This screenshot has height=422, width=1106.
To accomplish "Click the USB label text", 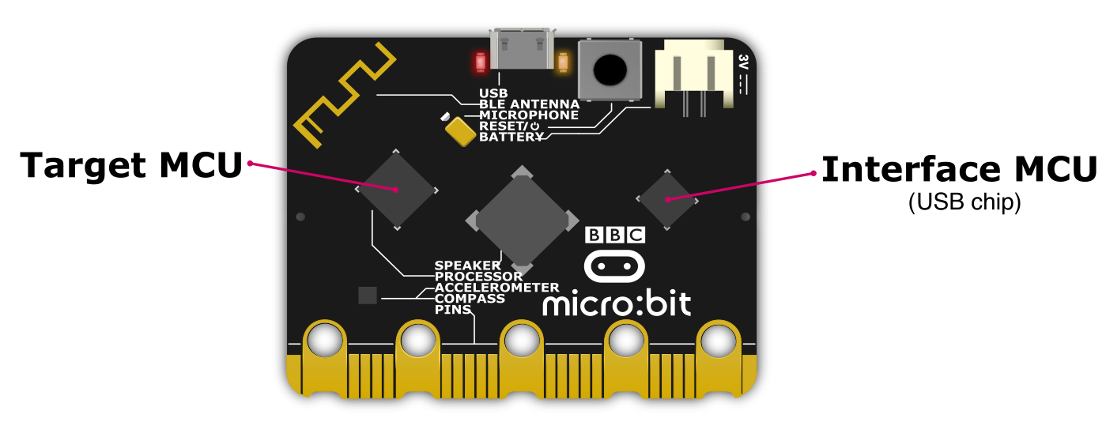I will point(493,93).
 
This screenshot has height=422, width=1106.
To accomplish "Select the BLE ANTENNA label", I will point(529,104).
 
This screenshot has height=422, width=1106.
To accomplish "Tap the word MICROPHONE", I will point(529,115).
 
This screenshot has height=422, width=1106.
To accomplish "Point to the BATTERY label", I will point(511,138).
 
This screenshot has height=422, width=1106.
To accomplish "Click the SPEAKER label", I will point(467,266).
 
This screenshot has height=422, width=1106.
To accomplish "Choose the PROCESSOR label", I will point(478,277).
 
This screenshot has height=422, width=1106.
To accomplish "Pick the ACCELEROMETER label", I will point(496,288).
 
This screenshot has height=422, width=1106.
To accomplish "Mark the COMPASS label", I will point(470,299).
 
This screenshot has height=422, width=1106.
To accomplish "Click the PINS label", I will point(453,310).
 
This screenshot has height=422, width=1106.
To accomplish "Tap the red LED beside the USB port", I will point(480,62).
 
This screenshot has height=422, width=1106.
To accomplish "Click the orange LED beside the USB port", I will point(564,62).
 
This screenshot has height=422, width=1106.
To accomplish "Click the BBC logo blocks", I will point(615,235).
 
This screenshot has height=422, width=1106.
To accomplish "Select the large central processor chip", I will point(522,219).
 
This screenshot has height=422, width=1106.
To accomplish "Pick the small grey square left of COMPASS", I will point(368,296).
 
